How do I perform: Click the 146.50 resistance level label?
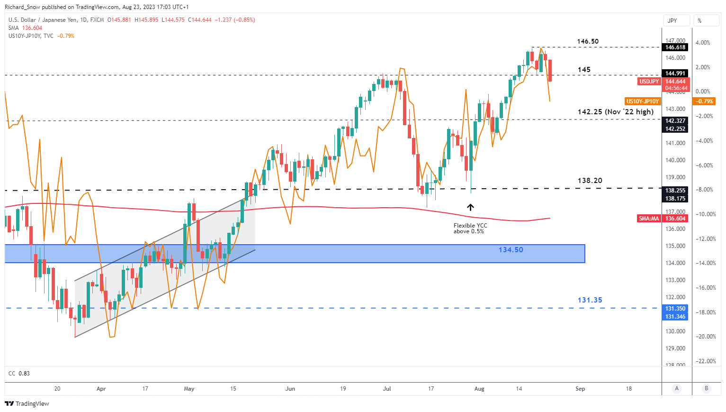coord(587,41)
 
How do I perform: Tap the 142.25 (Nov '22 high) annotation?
coord(615,112)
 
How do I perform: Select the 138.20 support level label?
coord(590,181)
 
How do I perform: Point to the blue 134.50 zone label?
coord(511,250)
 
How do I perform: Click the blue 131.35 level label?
coord(590,300)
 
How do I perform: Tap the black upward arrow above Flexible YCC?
coord(470,207)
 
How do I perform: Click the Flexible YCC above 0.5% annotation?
coord(470,229)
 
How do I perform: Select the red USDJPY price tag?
coord(649,82)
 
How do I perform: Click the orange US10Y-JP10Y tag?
coord(642,101)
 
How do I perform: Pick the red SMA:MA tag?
coord(648,219)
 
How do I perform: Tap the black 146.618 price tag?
coord(675,47)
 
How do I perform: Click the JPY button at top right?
coord(672,21)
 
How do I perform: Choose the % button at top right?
coord(699,21)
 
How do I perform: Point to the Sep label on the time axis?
coord(580,389)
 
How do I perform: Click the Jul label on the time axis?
coord(387,389)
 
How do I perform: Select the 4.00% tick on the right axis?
coord(702,43)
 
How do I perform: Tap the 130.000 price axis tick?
coord(675,331)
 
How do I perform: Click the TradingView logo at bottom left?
coord(27,404)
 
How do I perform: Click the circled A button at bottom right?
coord(677,389)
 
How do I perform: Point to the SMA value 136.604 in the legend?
coord(32,28)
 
